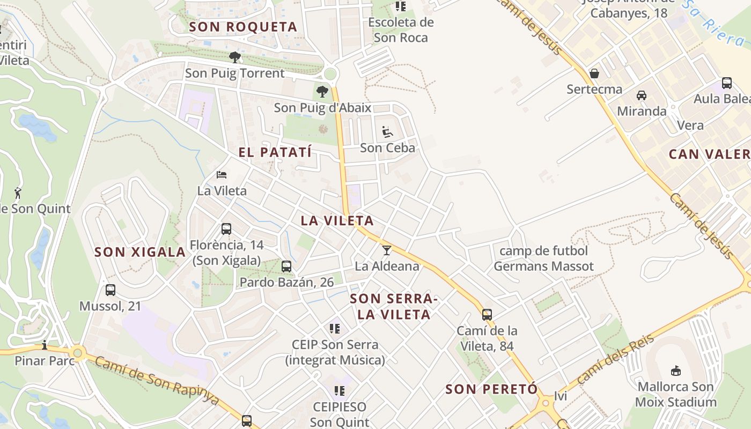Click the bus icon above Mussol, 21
[x=111, y=290]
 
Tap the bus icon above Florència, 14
[x=226, y=229]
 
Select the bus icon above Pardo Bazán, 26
[x=286, y=266]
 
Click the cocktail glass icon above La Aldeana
[x=386, y=250]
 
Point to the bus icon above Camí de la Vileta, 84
[x=487, y=315]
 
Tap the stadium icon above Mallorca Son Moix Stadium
[x=676, y=371]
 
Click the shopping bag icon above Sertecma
[x=594, y=73]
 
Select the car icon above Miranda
[x=641, y=95]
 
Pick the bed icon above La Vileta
[x=222, y=175]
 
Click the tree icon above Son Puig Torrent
[x=234, y=57]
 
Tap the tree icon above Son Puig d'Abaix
[x=322, y=92]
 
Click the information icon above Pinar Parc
[x=45, y=344]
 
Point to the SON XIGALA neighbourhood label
[x=140, y=252]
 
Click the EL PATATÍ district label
[x=275, y=152]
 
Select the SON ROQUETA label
[x=243, y=27]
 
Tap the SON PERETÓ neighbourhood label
[x=491, y=389]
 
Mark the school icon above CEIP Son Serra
[x=335, y=328]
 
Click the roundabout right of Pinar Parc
[x=78, y=353]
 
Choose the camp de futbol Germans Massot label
[x=543, y=258]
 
